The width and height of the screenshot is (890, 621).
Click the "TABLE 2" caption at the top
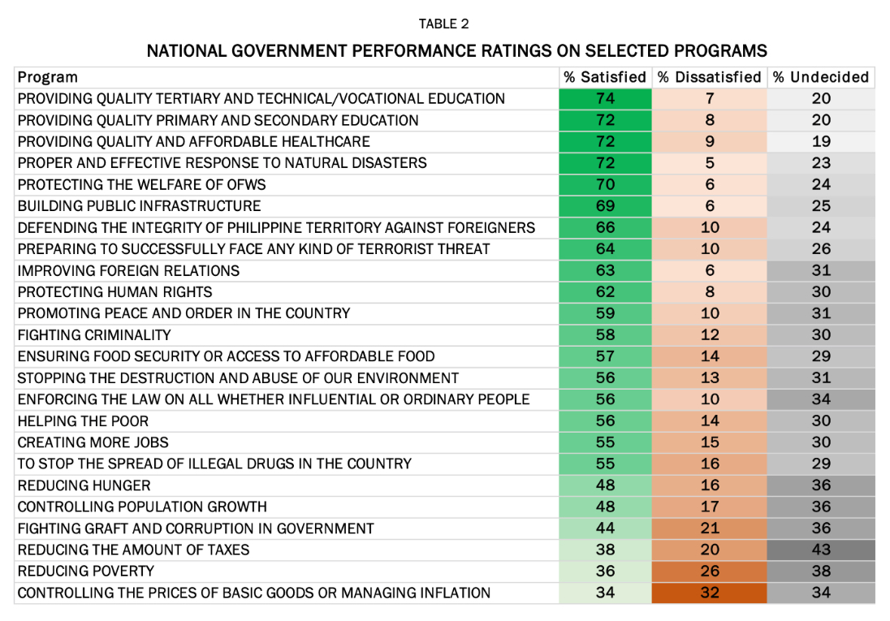coord(443,24)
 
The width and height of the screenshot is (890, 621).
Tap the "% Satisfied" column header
coord(605,77)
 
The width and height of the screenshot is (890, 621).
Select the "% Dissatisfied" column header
coord(710,77)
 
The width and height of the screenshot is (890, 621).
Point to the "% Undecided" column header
coord(820,77)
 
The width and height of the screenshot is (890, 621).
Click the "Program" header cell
coord(48,77)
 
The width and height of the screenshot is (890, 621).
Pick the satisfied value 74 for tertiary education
coord(605,99)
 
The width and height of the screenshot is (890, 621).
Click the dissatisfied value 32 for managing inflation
coord(710,593)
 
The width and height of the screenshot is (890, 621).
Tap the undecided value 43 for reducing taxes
coord(821,550)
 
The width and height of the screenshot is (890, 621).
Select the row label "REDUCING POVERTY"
coord(86,571)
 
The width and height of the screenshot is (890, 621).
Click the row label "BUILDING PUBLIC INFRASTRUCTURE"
coord(140,206)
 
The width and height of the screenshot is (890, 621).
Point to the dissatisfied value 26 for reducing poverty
coord(710,571)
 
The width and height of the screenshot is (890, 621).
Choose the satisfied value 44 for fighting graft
coord(605,528)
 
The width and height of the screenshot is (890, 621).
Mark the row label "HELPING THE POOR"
coord(83,420)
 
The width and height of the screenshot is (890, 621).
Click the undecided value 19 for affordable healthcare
coord(821,142)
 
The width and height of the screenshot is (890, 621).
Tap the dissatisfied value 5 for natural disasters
coord(710,163)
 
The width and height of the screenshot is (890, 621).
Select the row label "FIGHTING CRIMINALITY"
coord(94,334)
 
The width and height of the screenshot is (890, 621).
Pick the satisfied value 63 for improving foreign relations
coord(605,270)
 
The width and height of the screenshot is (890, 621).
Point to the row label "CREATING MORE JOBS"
coord(93,442)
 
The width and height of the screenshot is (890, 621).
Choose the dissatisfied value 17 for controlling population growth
coord(710,507)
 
